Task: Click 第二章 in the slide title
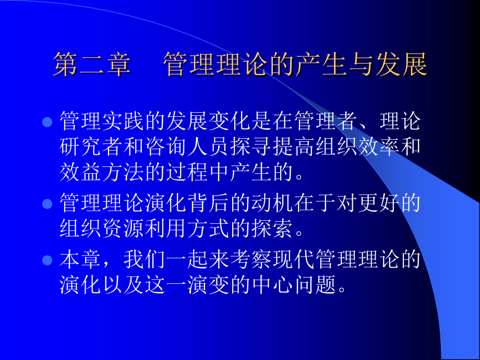(x=92, y=66)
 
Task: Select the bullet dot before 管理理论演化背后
(x=47, y=203)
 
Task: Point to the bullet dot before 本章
(x=47, y=259)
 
